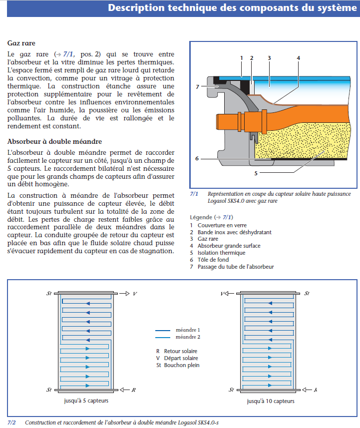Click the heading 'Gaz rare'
pos(21,43)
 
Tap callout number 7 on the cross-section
pos(197,87)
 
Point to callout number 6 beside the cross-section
pos(197,158)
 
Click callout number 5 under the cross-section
pos(256,173)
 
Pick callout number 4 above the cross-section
pos(298,58)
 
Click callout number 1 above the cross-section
pos(241,58)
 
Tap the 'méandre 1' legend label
pos(188,330)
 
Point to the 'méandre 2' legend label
pos(188,337)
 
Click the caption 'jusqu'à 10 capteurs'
pos(270,401)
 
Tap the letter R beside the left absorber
pos(134,389)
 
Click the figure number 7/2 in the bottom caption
pos(11,423)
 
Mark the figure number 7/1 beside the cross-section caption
pos(194,194)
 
